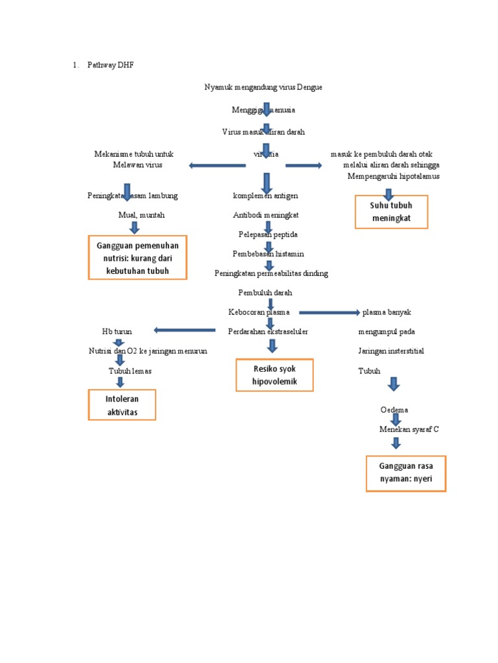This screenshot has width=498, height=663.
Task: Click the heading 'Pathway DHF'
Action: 113,65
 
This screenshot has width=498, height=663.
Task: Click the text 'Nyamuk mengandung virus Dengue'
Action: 263,87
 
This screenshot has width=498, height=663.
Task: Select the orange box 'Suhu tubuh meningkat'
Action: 391,212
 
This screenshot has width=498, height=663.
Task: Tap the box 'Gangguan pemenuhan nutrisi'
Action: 137,258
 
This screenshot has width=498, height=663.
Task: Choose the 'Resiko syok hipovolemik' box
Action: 274,375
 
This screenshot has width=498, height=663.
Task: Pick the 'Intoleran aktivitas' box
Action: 122,404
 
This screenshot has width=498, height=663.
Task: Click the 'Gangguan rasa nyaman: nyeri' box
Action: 406,474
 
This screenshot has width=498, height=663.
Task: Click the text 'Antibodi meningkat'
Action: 266,214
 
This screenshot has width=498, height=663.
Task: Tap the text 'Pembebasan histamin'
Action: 268,254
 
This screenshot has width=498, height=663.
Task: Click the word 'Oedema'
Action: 394,410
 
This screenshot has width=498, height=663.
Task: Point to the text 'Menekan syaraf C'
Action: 409,429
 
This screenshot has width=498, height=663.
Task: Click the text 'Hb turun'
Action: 116,331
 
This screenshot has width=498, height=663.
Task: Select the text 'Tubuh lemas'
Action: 130,371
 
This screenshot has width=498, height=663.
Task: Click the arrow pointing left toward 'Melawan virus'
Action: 217,166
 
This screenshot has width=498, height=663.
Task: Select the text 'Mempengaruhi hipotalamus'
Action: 393,176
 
